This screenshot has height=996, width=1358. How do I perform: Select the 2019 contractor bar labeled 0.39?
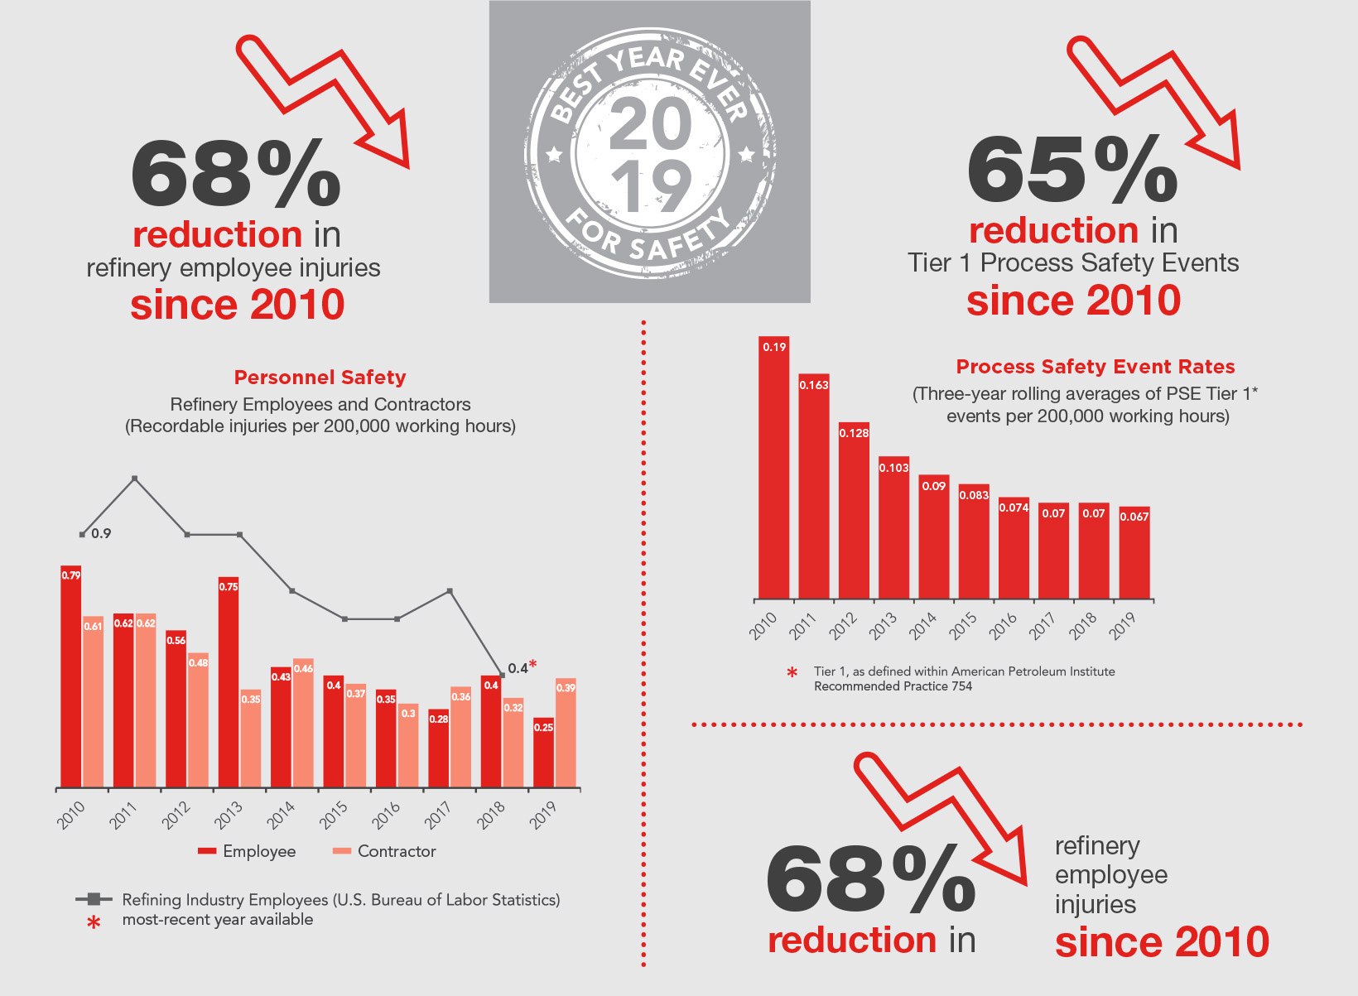coord(566,732)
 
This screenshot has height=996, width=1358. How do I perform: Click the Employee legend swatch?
coord(207,851)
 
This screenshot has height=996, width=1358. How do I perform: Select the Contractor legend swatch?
coord(342,851)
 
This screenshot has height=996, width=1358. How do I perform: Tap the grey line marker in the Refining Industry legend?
coord(94,899)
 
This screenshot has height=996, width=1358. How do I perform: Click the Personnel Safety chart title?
coord(320,378)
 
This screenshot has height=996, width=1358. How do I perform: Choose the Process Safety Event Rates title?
coord(1095,367)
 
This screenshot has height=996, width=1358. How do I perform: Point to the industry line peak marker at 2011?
coord(135,479)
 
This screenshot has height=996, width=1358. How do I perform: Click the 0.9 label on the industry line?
coord(101,534)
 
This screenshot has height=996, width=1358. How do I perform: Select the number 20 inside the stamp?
coord(650,124)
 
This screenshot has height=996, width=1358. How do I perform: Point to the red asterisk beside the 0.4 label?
coord(533,664)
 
